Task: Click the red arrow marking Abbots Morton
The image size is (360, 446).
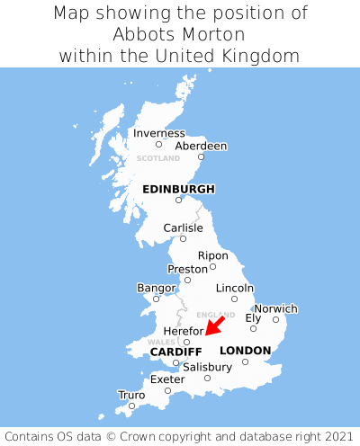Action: coord(215,325)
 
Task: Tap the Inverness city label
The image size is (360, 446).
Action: coord(158,133)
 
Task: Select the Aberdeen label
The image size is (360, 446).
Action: coord(201,146)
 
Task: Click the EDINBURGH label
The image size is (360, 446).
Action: coord(178,189)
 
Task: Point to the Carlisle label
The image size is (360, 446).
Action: coord(183,227)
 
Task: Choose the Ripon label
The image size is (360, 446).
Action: coord(213,255)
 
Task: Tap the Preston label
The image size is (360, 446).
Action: coord(187,269)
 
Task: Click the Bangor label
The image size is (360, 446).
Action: coord(155,288)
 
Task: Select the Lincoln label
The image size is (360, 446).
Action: coord(235,288)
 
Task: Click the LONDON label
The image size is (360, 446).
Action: coord(245,350)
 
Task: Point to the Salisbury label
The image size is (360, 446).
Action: coord(207,367)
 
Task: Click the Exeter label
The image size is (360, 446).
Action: coord(167,379)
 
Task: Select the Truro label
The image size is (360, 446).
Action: coord(131,395)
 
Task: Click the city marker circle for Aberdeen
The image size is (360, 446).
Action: coord(201,157)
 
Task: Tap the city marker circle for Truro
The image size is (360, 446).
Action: coord(131,406)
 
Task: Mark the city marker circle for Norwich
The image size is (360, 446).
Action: coord(275,319)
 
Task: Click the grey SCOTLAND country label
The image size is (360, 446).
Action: coord(158,158)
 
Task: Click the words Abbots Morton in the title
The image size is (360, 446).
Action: coord(180,34)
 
